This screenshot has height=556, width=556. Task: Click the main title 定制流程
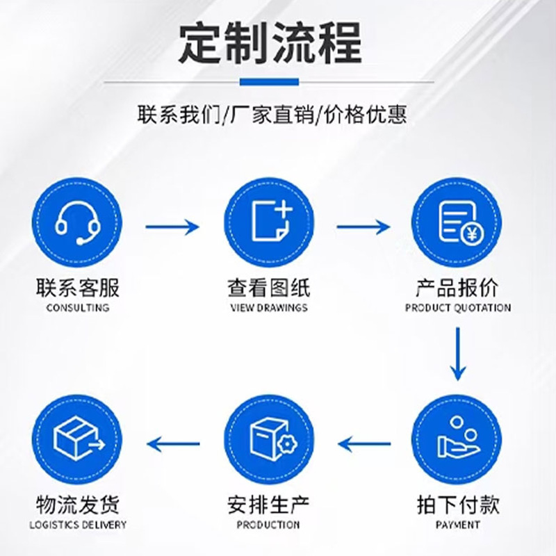point(270,42)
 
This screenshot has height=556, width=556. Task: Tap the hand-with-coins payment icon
point(457,439)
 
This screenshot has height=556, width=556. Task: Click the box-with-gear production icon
point(268,439)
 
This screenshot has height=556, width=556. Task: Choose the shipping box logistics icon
point(77,439)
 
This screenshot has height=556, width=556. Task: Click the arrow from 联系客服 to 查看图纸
point(172,227)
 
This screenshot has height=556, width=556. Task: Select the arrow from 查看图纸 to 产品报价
point(363,227)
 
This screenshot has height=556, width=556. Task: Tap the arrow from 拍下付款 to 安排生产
point(363,441)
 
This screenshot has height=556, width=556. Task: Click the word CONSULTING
point(77,307)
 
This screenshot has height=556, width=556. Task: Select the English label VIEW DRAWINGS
point(268,307)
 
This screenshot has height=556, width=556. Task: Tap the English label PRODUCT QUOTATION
point(457,307)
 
